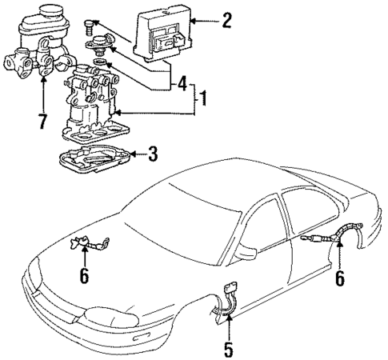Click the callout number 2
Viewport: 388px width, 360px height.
pyautogui.click(x=227, y=20)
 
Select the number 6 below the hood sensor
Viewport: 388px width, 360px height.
pyautogui.click(x=84, y=277)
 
